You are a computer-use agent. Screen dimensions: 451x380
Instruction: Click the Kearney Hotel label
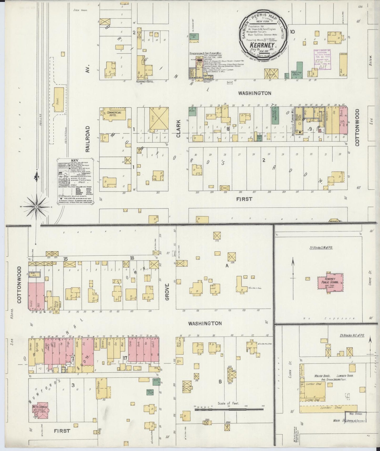pos(145,82)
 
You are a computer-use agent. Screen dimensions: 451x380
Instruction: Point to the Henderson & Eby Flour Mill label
pos(205,54)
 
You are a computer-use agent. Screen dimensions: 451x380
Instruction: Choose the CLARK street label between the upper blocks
pos(179,129)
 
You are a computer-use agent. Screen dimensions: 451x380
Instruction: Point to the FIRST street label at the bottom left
pos(63,431)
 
